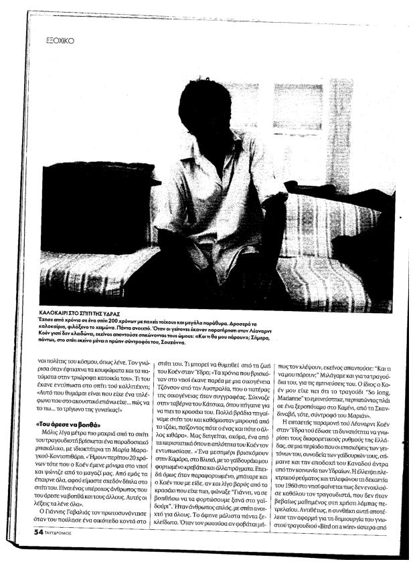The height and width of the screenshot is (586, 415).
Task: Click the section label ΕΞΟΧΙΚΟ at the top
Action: (59, 40)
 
